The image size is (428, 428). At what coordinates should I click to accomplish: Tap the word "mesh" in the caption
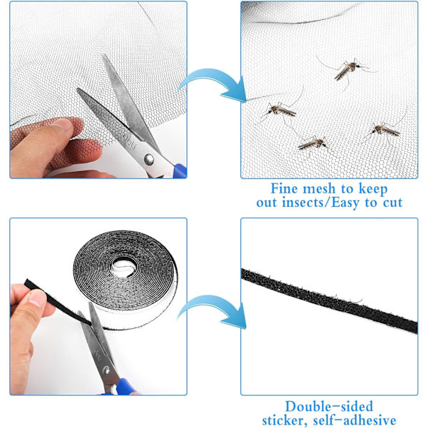319,189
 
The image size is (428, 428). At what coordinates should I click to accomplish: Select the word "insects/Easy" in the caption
320,203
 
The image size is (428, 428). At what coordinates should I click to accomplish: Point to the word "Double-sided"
329,407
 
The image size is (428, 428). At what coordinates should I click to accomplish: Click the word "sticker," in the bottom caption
285,421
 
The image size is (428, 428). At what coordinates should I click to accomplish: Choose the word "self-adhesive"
355,420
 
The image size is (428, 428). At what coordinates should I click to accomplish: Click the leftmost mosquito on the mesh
280,110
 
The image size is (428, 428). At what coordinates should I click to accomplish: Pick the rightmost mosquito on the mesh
385,131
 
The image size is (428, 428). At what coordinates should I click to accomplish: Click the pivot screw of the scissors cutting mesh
149,159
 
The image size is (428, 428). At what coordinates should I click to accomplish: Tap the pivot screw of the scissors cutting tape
106,370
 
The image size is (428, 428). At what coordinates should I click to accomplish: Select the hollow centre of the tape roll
123,266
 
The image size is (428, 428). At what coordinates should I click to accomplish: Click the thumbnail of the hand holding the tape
37,298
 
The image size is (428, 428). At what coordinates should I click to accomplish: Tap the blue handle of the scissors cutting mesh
180,170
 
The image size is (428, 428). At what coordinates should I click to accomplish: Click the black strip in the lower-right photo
329,300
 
